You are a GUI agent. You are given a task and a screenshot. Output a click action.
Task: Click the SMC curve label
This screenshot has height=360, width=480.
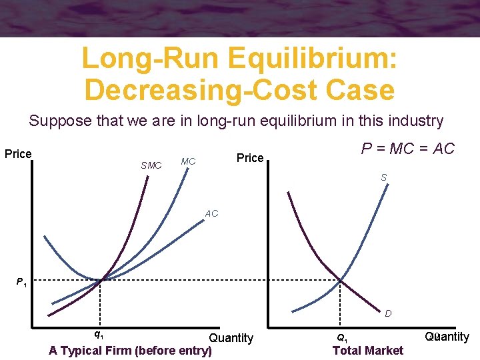coord(151,165)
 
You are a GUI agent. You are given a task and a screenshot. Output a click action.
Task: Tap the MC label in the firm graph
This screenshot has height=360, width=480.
coord(188,162)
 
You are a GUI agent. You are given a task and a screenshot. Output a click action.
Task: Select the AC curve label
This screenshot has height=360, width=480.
coord(211,214)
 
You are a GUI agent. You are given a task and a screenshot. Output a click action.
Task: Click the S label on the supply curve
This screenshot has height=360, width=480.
coord(384,177)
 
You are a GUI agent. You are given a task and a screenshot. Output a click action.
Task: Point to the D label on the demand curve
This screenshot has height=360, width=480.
coord(387,313)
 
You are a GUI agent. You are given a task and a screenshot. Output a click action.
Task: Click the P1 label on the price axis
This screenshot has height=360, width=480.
coord(22,282)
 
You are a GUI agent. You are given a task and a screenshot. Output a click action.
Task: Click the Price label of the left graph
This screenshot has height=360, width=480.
coord(18,154)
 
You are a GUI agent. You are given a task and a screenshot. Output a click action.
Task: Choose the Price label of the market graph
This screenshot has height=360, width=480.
coord(250,158)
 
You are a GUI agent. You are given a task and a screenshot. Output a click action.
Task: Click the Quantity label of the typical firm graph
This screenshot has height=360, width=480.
coord(231,338)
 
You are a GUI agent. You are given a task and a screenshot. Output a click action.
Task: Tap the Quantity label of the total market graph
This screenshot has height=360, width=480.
coord(447,337)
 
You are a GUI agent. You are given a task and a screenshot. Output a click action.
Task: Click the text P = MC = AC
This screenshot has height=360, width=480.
coord(407,149)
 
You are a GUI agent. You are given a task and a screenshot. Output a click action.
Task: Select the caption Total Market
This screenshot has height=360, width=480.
coord(368,351)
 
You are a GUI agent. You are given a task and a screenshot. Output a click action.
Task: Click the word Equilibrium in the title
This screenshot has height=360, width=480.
coord(313,59)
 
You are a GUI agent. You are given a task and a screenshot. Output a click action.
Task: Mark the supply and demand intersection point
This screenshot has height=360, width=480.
coord(341,280)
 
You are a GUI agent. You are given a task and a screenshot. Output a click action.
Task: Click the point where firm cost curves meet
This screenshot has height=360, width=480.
coord(101,280)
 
